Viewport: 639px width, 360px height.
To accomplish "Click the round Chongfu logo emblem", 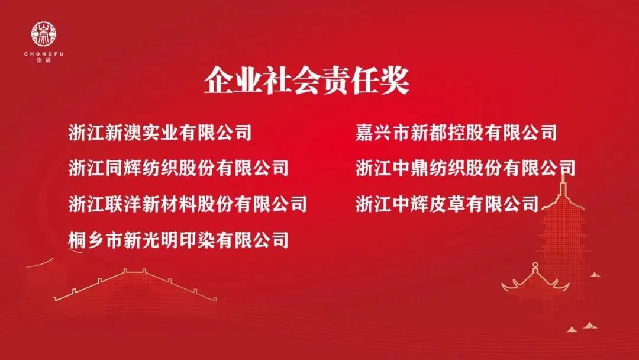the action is pyautogui.click(x=44, y=35).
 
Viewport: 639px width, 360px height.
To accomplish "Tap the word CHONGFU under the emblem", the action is pyautogui.click(x=44, y=54).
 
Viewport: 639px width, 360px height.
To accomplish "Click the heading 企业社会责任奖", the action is pyautogui.click(x=307, y=81).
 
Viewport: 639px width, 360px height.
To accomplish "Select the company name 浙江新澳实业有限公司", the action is pyautogui.click(x=160, y=133).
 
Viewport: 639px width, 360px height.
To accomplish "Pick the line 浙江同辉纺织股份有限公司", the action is pyautogui.click(x=179, y=168).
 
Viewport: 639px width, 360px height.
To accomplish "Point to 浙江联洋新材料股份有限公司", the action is pyautogui.click(x=188, y=204).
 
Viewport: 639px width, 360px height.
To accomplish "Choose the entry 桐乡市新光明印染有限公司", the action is pyautogui.click(x=179, y=239).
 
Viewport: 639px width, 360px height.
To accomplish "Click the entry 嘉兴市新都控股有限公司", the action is pyautogui.click(x=456, y=133).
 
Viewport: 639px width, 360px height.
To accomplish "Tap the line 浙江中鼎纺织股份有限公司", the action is pyautogui.click(x=466, y=168).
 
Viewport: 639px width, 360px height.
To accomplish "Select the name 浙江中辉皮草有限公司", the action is pyautogui.click(x=447, y=204).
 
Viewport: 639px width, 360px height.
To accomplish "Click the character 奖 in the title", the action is pyautogui.click(x=395, y=81).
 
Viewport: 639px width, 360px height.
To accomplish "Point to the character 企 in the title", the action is pyautogui.click(x=219, y=81).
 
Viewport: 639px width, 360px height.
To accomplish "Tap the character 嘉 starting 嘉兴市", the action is pyautogui.click(x=364, y=133).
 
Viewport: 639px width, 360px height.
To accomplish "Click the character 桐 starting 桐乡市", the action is pyautogui.click(x=78, y=239).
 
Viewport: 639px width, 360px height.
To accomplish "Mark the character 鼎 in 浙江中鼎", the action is pyautogui.click(x=419, y=168).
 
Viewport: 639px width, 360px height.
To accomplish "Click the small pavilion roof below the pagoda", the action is pyautogui.click(x=535, y=279).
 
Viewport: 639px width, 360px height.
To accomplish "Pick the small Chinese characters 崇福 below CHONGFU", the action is pyautogui.click(x=44, y=60).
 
